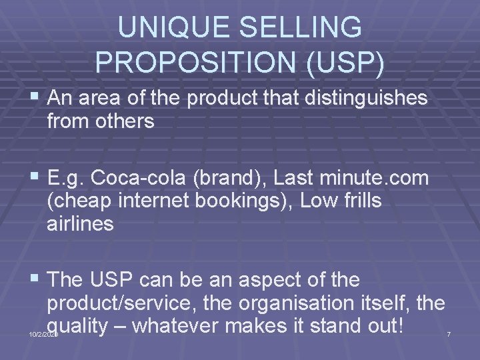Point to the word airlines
tap(80, 223)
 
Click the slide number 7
tap(449, 333)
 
